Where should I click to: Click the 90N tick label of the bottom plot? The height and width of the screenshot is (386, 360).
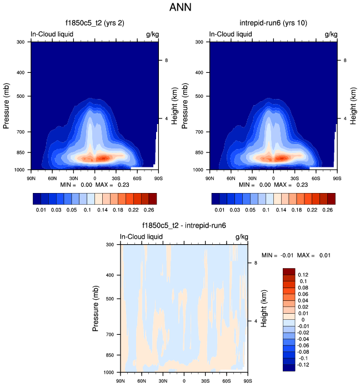point(120,381)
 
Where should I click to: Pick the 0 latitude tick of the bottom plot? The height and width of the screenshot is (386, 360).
point(184,381)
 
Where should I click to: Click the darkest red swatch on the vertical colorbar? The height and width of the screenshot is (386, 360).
point(289,271)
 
